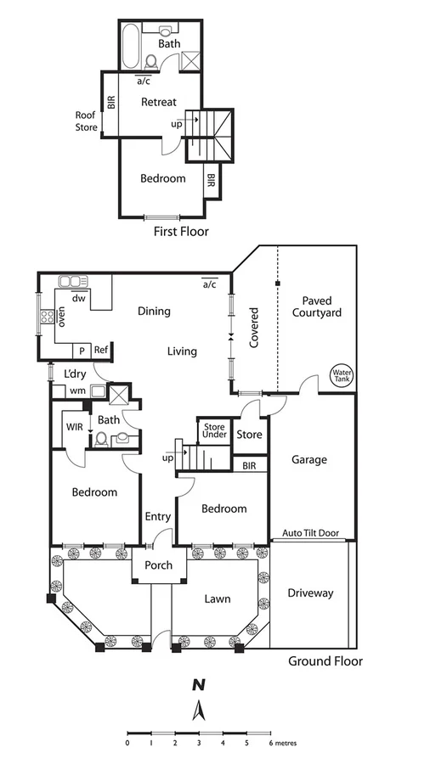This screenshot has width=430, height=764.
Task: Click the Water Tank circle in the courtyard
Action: [342, 374]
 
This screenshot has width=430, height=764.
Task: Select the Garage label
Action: [309, 460]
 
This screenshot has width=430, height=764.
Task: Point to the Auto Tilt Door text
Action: [309, 533]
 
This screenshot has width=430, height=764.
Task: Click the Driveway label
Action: [310, 593]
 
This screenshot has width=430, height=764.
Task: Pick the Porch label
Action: [158, 565]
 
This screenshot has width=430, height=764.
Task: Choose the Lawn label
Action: [217, 598]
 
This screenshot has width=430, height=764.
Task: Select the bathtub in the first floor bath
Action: [131, 48]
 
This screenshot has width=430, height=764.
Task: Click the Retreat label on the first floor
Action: [159, 102]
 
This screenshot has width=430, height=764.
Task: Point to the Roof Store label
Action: [86, 122]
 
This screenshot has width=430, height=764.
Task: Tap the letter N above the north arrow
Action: [198, 684]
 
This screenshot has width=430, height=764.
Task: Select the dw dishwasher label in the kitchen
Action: [78, 298]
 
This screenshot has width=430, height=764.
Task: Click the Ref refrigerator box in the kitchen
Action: [101, 350]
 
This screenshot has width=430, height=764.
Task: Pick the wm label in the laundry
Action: [77, 390]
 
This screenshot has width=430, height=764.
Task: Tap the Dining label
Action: [154, 311]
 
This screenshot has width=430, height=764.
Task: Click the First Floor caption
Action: [180, 231]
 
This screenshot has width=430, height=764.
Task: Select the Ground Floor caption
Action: [325, 661]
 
